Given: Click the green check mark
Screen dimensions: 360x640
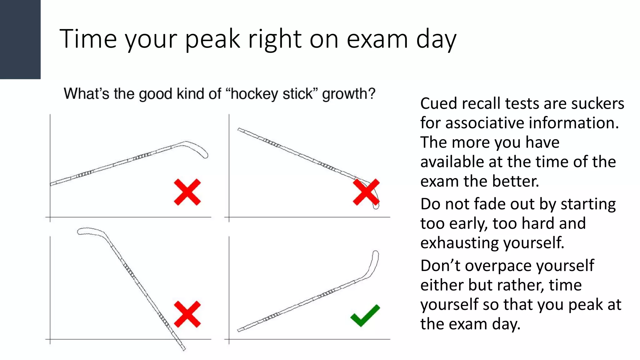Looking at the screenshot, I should click(364, 316).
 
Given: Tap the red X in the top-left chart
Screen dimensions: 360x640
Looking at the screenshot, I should click(187, 192).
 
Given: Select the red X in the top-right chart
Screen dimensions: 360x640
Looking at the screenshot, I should click(366, 192).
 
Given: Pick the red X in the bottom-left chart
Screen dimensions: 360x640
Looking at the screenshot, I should click(187, 314).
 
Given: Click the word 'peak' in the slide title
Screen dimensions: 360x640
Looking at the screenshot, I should click(212, 39).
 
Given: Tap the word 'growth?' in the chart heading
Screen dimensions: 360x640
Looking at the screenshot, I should click(348, 94).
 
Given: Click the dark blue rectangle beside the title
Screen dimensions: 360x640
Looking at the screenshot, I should click(20, 39).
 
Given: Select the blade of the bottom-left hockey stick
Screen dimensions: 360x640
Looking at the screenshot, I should click(91, 231).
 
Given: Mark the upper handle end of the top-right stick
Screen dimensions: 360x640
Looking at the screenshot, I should click(241, 130).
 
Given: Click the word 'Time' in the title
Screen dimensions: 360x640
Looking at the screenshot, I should click(88, 39).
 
